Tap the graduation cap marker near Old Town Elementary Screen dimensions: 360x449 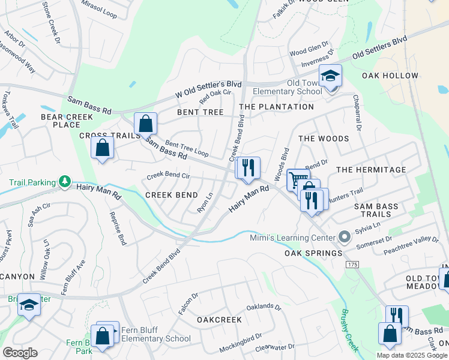[x=330, y=77]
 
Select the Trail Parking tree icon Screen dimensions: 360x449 [x=65, y=181]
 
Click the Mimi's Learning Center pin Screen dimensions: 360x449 [x=344, y=236]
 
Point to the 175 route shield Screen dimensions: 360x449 [x=352, y=264]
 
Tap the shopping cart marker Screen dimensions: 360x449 [x=298, y=179]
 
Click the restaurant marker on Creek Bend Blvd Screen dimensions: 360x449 [x=247, y=168]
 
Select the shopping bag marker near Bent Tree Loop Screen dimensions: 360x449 [x=145, y=124]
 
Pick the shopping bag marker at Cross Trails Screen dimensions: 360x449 [x=103, y=148]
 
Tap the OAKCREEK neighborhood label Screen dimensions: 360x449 [x=219, y=320]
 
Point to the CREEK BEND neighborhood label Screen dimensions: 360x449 [x=172, y=195]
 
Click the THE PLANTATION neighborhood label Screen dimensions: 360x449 [x=276, y=107]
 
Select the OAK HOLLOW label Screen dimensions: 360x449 [x=390, y=76]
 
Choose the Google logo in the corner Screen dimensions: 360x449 [x=20, y=353]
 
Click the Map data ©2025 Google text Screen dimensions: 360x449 [x=412, y=355]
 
